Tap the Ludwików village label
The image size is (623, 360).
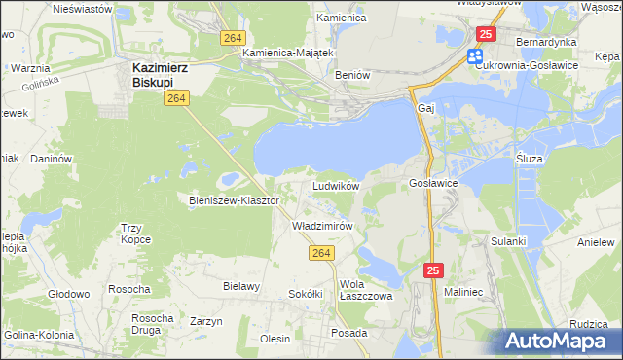(x=336, y=185)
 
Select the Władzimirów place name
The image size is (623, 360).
(x=321, y=225)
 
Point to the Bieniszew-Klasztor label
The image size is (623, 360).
(x=234, y=200)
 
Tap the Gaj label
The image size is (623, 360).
(x=423, y=107)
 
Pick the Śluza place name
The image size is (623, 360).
(x=530, y=157)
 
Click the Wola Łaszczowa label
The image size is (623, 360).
(x=365, y=291)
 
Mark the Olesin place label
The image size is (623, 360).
(x=275, y=339)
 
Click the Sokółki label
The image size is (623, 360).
(x=306, y=293)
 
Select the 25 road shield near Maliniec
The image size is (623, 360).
(x=435, y=269)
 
